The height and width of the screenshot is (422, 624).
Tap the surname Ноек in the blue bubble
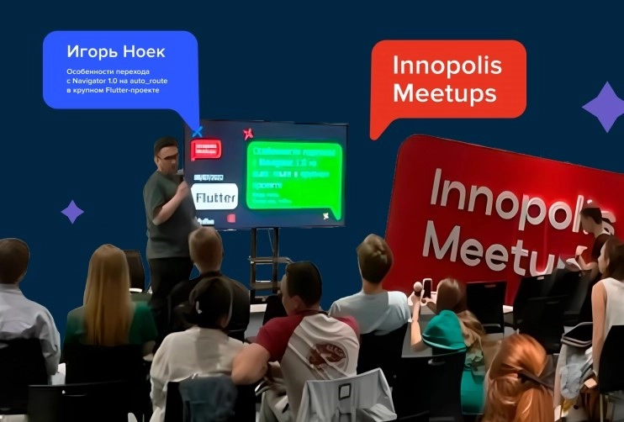pyautogui.click(x=143, y=52)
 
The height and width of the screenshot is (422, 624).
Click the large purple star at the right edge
pyautogui.click(x=603, y=107)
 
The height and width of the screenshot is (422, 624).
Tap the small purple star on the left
pyautogui.click(x=72, y=211)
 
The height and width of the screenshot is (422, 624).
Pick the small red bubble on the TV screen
pyautogui.click(x=206, y=150)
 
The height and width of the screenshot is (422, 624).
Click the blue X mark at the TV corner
pyautogui.click(x=197, y=130)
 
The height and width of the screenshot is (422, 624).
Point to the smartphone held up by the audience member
pyautogui.click(x=426, y=288)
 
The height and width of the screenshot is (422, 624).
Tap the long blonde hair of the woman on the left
pyautogui.click(x=109, y=286)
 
